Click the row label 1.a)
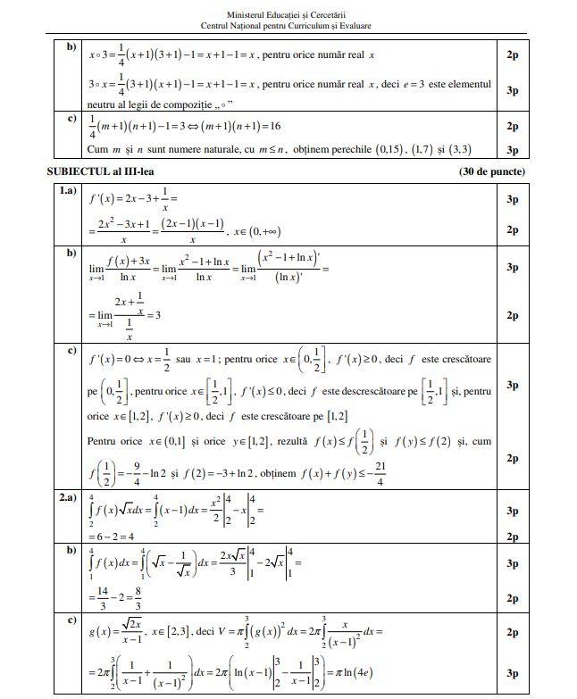coord(67,191)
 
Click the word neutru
coord(105,104)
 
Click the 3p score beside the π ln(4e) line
coord(513,673)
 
